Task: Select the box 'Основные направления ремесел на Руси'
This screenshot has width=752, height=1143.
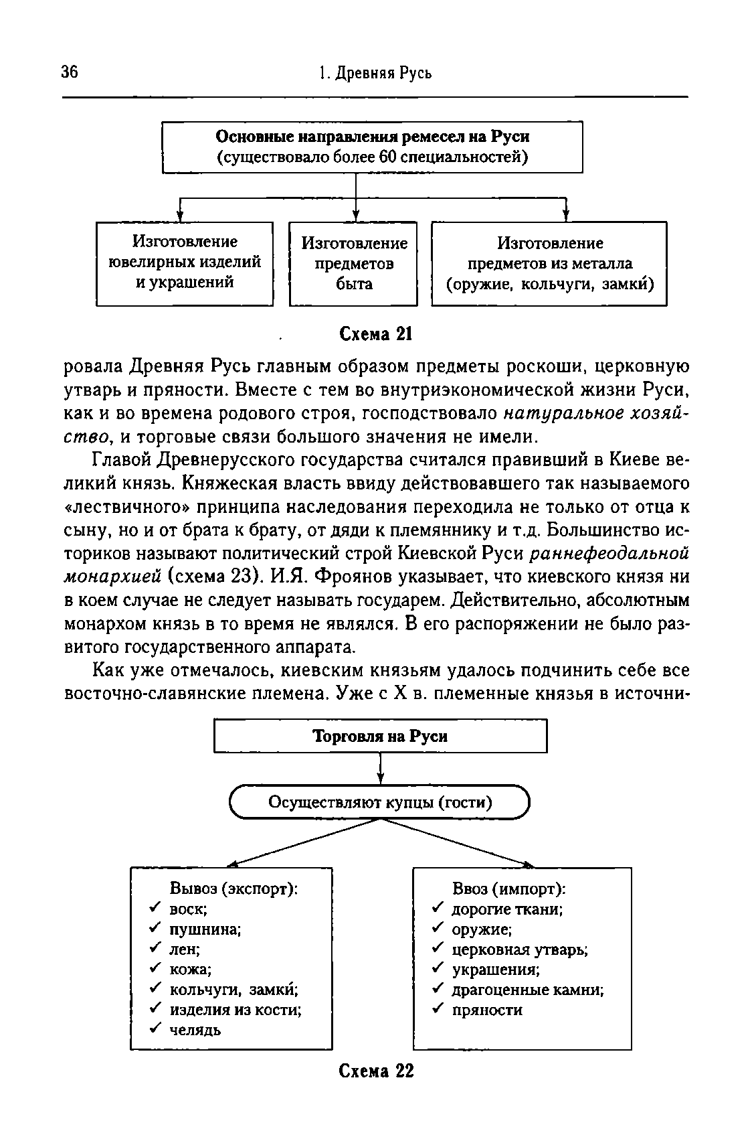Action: pyautogui.click(x=373, y=147)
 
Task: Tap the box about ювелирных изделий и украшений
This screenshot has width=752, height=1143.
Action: pyautogui.click(x=185, y=262)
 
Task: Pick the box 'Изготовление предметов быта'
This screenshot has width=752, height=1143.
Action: pyautogui.click(x=353, y=263)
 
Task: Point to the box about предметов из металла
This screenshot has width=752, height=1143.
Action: pyautogui.click(x=549, y=263)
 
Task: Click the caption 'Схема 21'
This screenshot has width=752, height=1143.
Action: pyautogui.click(x=375, y=333)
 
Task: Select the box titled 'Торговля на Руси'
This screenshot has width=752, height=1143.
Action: pyautogui.click(x=380, y=736)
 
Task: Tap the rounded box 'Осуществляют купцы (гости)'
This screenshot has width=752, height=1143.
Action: pyautogui.click(x=380, y=802)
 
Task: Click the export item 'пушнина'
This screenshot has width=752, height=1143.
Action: pyautogui.click(x=205, y=929)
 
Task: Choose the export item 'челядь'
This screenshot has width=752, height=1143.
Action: pyautogui.click(x=195, y=1030)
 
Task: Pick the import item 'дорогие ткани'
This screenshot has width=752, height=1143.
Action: pyautogui.click(x=507, y=909)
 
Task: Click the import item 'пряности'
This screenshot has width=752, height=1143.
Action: pyautogui.click(x=487, y=1010)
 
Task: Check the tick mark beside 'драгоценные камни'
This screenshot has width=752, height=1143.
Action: pyautogui.click(x=438, y=989)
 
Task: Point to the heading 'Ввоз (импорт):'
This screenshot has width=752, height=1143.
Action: pyautogui.click(x=509, y=889)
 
